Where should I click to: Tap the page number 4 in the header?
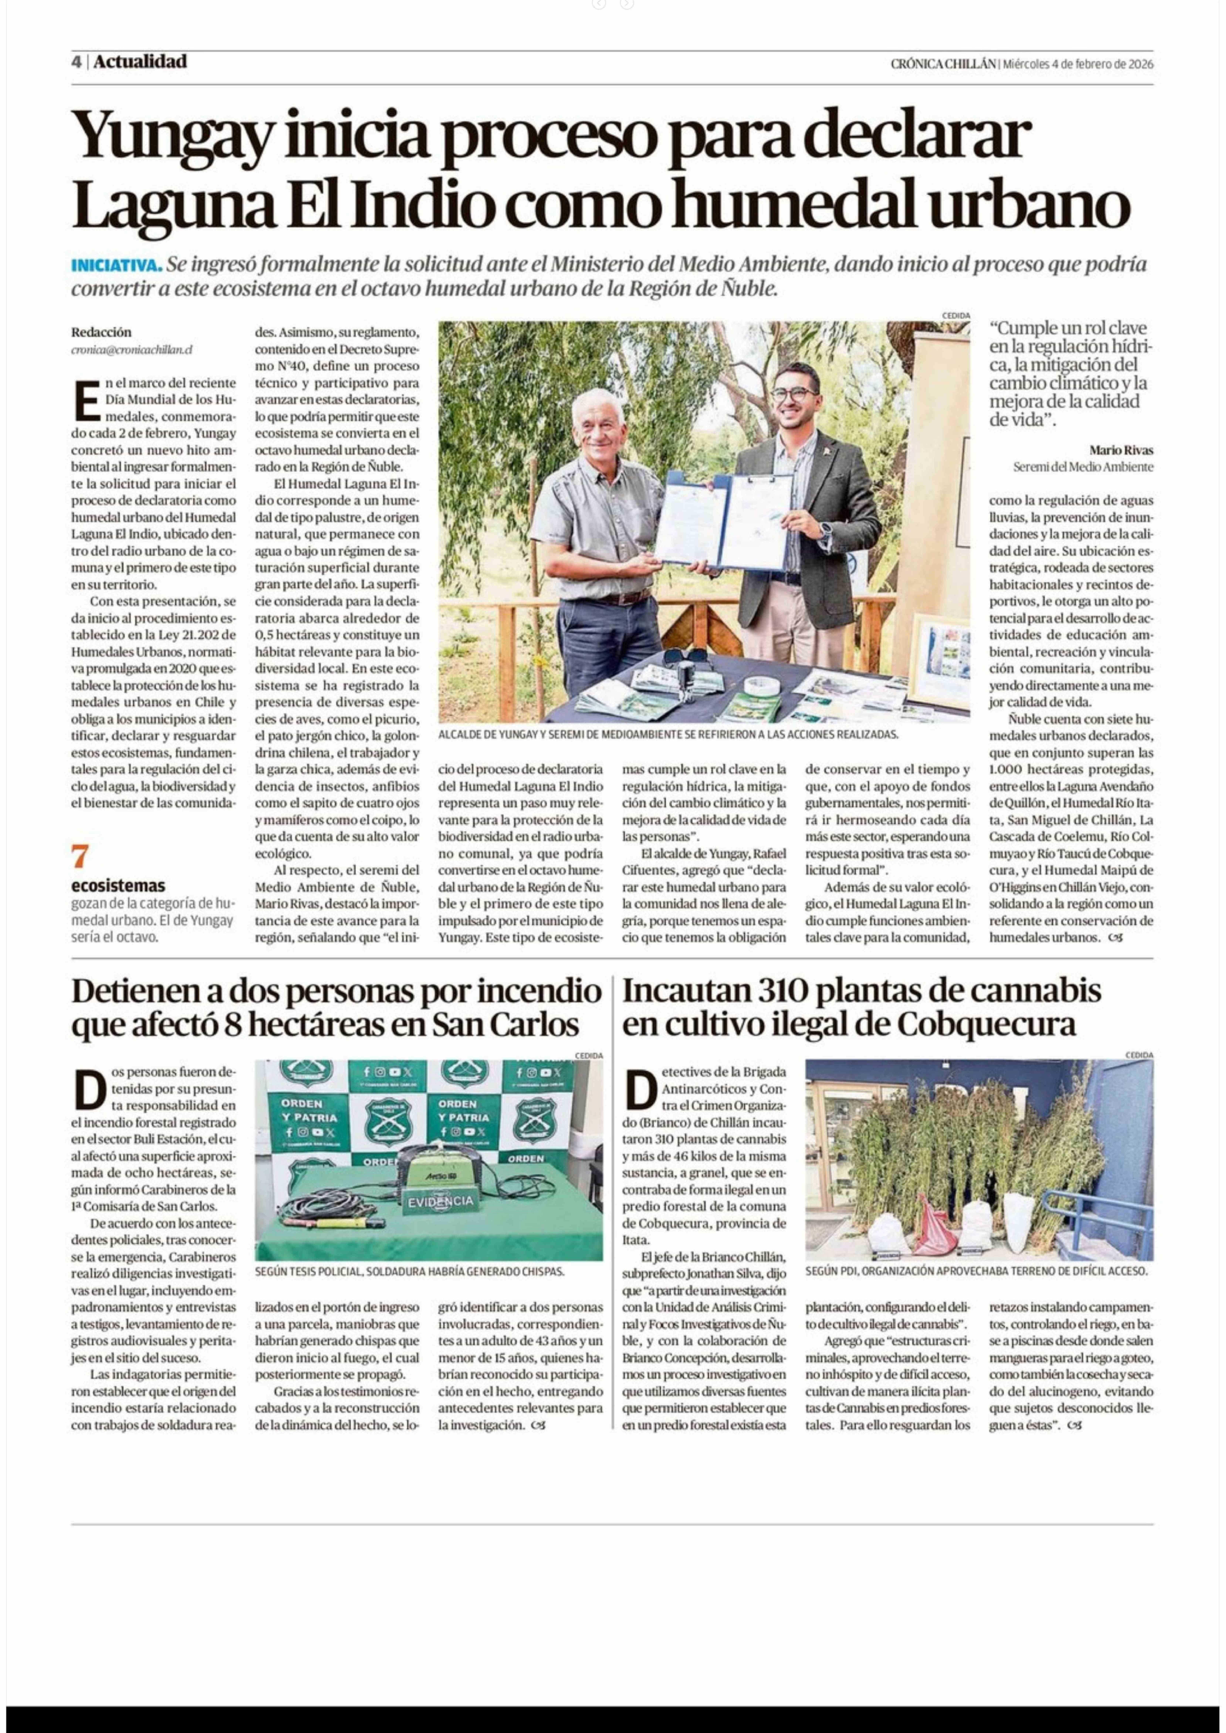click(x=76, y=62)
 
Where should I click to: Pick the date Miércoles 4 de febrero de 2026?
click(x=1078, y=64)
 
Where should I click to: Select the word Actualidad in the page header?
click(x=140, y=62)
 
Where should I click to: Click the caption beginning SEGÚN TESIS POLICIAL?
click(x=409, y=1271)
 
